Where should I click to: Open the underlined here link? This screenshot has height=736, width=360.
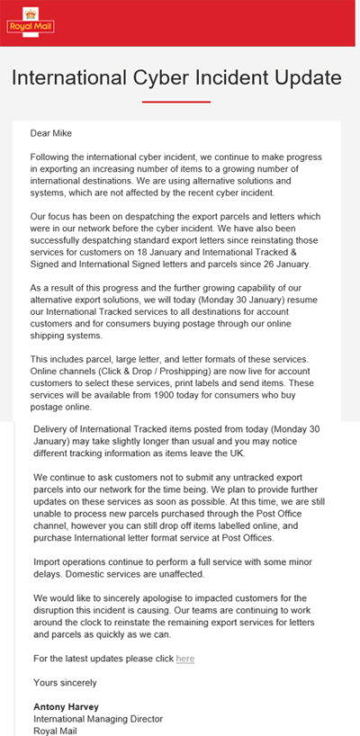(x=184, y=658)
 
